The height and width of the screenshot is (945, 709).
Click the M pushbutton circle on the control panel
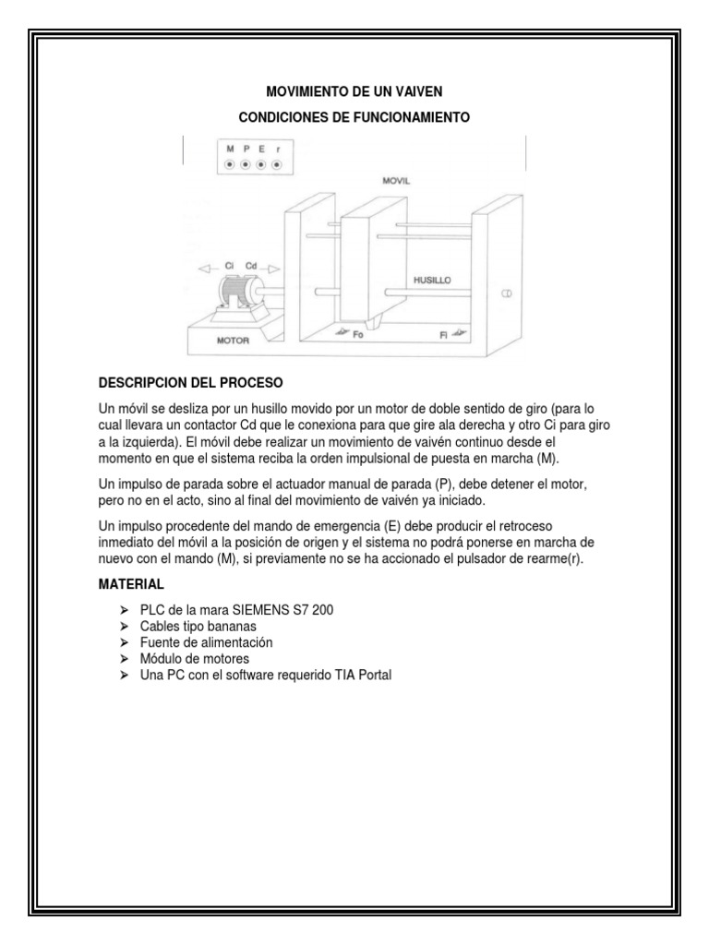point(230,164)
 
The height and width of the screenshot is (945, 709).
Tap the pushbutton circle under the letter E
point(261,164)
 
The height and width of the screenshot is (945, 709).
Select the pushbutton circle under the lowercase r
point(277,164)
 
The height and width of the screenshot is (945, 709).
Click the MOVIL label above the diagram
point(396,182)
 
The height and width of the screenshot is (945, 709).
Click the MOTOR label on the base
point(234,340)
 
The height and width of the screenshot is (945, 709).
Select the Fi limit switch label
point(444,336)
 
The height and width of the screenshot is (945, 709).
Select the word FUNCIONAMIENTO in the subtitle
point(410,118)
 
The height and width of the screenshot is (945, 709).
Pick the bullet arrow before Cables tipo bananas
point(125,627)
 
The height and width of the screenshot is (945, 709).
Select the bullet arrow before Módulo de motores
point(125,659)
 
